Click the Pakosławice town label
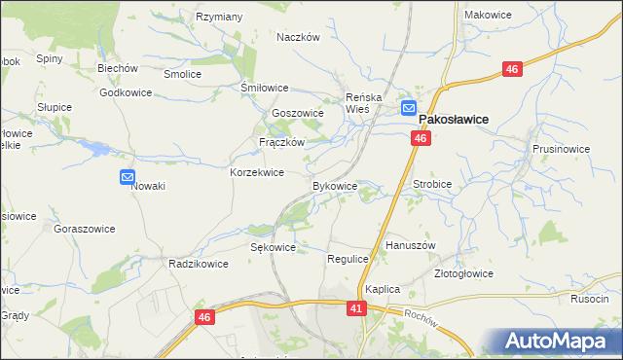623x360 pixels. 453,119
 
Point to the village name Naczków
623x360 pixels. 298,37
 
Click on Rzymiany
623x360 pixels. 220,17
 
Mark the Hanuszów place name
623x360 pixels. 410,245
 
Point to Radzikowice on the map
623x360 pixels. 199,264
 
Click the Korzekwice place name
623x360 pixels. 256,172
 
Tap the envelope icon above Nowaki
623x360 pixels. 128,176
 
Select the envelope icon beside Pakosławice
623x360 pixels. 408,108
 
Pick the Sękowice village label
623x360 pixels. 273,247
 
